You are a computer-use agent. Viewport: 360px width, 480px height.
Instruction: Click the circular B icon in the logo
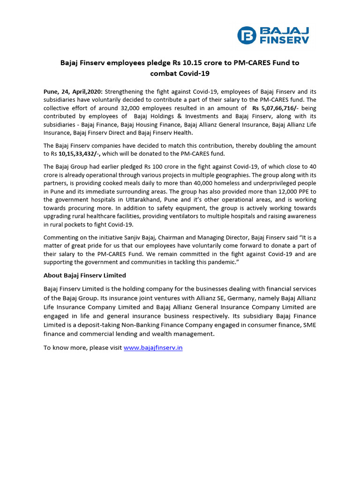coord(247,35)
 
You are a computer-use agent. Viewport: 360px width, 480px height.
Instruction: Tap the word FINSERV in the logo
coord(285,40)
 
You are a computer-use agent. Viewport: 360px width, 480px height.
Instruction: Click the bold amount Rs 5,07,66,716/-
coord(276,108)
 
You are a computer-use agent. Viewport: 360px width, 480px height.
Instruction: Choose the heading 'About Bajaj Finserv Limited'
coord(84,275)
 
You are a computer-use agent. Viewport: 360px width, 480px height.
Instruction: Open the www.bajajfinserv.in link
coord(153,348)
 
